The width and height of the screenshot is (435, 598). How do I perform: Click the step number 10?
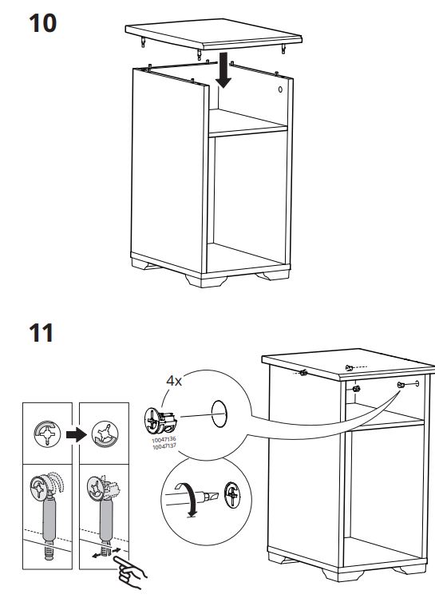click(x=42, y=23)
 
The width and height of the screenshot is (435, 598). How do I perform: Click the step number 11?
click(x=42, y=333)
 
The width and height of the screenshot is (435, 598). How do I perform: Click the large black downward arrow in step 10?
click(x=223, y=69)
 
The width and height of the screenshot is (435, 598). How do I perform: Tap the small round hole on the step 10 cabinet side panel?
click(x=280, y=89)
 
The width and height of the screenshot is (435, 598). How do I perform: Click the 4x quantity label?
click(x=174, y=381)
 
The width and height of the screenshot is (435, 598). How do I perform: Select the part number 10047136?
click(x=164, y=440)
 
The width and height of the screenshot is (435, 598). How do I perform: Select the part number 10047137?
click(x=164, y=446)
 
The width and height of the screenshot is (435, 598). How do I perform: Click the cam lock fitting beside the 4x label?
click(x=160, y=421)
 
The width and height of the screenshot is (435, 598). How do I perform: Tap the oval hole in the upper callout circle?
click(x=219, y=414)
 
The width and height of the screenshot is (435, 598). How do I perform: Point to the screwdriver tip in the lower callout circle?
click(x=212, y=497)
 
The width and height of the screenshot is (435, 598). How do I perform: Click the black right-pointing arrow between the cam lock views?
click(x=77, y=434)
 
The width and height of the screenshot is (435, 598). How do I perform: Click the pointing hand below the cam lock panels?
click(x=129, y=572)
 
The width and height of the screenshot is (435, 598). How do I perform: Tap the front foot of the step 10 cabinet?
click(x=206, y=282)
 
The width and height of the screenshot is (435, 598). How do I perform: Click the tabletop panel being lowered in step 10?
click(x=213, y=34)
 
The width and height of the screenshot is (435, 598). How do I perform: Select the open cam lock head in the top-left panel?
click(x=47, y=434)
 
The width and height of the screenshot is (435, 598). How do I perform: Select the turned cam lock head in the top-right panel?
click(x=105, y=434)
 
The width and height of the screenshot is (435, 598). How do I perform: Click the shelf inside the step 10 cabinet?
click(x=247, y=123)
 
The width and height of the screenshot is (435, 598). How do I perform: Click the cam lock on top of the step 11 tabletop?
click(x=349, y=368)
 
